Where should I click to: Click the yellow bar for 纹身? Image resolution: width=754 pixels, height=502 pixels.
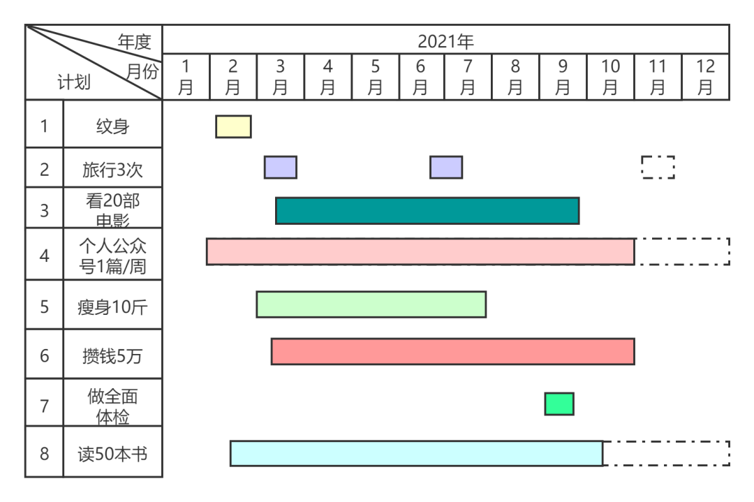233,126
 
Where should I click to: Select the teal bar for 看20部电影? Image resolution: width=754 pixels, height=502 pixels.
427,211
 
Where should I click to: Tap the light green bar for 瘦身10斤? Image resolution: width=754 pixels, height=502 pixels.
371,304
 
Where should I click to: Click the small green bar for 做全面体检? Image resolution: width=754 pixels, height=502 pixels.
559,404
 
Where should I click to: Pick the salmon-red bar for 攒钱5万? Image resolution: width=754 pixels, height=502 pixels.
452,352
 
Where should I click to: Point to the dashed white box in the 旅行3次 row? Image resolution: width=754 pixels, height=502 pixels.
658,168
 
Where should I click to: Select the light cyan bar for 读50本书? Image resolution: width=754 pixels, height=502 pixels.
416,453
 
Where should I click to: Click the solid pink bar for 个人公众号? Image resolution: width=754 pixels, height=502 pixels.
420,251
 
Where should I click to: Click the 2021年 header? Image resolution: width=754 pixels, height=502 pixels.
445,41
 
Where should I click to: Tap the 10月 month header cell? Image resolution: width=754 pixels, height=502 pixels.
610,77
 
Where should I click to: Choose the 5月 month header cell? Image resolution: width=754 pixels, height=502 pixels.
375,77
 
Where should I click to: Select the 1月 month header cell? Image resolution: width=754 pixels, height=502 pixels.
186,77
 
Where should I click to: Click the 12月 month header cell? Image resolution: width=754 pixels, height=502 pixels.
705,77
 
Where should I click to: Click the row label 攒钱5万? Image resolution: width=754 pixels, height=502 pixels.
112,356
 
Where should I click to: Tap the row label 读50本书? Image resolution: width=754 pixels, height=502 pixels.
112,454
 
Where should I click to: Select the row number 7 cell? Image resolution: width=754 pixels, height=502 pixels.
45,406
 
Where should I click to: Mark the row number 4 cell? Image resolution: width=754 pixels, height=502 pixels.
45,256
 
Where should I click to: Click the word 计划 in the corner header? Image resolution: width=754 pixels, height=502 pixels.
73,83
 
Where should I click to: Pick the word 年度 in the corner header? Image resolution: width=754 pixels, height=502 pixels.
134,42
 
